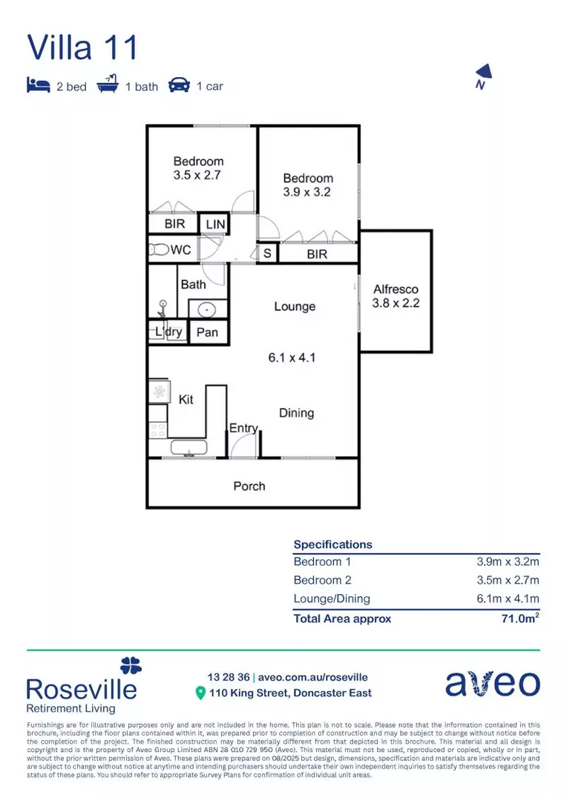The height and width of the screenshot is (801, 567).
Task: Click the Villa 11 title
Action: [82, 47]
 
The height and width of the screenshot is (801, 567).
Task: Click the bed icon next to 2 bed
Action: [38, 85]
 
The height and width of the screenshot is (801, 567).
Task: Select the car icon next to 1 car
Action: [179, 85]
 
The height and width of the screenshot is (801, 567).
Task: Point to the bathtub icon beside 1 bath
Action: [108, 84]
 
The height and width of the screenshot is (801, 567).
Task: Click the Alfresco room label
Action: [396, 289]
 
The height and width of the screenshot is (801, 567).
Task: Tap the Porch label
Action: [249, 486]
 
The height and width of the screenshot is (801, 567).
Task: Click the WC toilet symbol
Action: [158, 250]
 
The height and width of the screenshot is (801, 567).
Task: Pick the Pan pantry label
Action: [207, 332]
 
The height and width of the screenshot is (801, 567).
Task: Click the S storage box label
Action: [266, 254]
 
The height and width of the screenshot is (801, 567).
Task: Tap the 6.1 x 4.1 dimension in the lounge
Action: [292, 357]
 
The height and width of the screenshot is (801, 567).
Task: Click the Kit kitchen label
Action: [186, 399]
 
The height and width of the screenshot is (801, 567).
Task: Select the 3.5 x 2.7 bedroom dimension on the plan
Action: [198, 176]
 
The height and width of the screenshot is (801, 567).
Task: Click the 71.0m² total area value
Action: [520, 618]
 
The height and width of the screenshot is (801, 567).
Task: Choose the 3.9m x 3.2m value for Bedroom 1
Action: [508, 561]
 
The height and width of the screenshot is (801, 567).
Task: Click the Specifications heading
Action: [333, 544]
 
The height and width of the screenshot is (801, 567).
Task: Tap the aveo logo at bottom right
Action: [492, 684]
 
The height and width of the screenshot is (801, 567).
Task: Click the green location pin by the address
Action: [200, 693]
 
